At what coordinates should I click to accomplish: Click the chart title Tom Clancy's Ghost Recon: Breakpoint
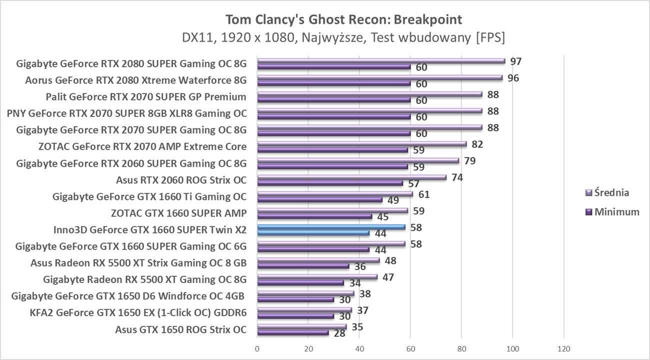[x=344, y=19]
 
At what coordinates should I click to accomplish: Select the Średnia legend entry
[x=607, y=192]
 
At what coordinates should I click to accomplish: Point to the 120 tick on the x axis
[x=563, y=348]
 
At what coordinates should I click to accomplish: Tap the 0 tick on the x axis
[x=257, y=348]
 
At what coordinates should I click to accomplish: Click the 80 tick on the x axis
[x=461, y=348]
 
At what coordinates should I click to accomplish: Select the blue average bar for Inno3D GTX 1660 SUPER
[x=331, y=227]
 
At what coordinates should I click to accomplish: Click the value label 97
[x=516, y=61]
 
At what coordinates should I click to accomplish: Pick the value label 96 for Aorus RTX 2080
[x=513, y=78]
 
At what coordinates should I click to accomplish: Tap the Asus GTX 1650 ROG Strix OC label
[x=180, y=329]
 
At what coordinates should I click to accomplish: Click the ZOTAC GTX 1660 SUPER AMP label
[x=178, y=213]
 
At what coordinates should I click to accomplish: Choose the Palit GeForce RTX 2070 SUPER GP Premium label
[x=146, y=96]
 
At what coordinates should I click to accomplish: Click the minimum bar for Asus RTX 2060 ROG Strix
[x=330, y=183]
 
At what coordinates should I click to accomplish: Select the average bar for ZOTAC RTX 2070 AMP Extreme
[x=361, y=144]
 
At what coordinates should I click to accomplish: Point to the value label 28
[x=339, y=333]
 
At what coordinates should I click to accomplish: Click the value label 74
[x=457, y=177]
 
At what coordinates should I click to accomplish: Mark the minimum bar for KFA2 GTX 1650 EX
[x=295, y=316]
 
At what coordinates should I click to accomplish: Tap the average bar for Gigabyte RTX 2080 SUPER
[x=381, y=61]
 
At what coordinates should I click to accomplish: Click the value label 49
[x=393, y=200]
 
